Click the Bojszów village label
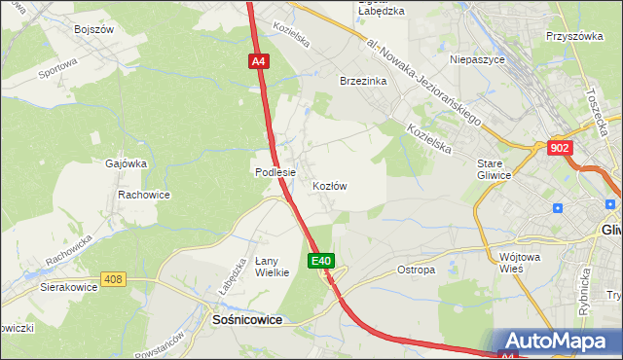pos(94,29)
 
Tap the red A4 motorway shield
pos(257,61)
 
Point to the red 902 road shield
pos(560,147)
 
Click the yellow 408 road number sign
pos(114,280)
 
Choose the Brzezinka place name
pos(363,82)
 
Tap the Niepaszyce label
pos(475,59)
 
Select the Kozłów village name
pos(330,186)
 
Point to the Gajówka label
pos(126,163)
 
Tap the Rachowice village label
pos(144,195)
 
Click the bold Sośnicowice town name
pos(247,318)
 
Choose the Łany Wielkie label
pos(273,267)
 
